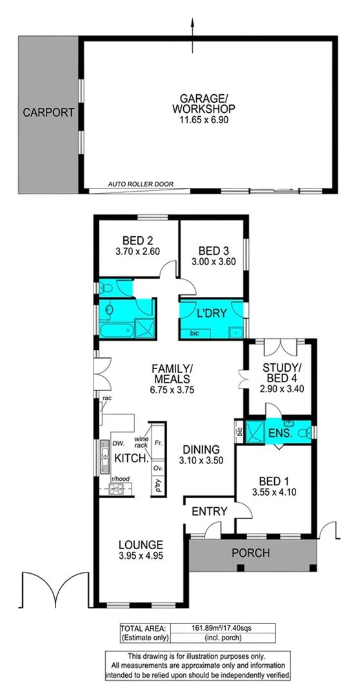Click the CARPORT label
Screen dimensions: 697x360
tap(49, 112)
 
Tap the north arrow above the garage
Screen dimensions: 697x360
tap(193, 27)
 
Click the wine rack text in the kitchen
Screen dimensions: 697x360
tap(141, 442)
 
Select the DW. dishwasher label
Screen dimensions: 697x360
tap(119, 444)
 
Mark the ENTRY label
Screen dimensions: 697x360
tap(210, 512)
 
